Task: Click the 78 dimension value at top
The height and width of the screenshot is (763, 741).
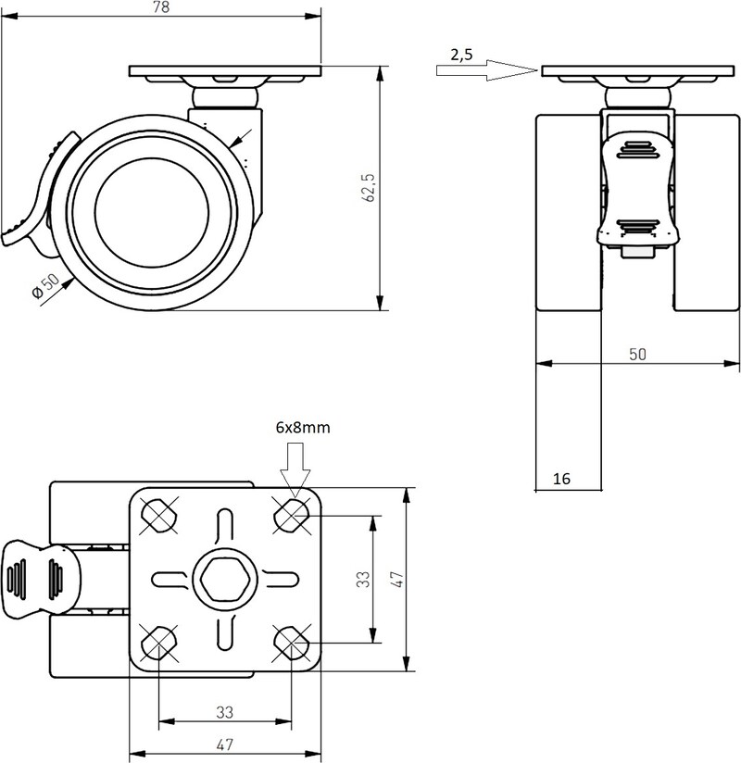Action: coord(161,7)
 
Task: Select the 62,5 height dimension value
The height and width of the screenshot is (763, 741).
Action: coord(370,187)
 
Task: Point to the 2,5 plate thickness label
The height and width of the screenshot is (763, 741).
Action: coord(461,55)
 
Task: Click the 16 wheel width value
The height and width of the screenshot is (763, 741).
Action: coord(561,479)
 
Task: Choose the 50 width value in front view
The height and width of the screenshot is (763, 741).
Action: coord(637,354)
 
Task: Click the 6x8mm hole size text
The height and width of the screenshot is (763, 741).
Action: coord(303,427)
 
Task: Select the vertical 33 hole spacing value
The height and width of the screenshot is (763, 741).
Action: coord(363,579)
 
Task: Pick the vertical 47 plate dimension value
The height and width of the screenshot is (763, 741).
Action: coord(397,580)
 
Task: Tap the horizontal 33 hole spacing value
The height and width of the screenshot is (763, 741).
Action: coord(225,712)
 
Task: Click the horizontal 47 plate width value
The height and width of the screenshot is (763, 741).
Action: coord(225,744)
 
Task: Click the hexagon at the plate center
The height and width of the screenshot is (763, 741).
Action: coord(225,579)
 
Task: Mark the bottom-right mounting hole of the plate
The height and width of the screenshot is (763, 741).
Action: coord(291,643)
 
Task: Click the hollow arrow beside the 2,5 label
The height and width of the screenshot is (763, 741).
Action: coord(487,70)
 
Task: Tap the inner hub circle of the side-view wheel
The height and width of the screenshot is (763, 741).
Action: coord(152,212)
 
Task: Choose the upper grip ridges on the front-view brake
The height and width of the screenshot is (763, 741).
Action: coord(638,150)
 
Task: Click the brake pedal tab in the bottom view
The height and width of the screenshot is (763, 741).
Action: coord(41,579)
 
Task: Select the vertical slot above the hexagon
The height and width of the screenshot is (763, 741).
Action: coord(224,528)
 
